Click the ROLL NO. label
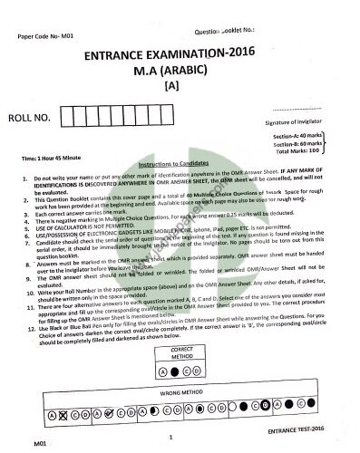pyautogui.click(x=41, y=117)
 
